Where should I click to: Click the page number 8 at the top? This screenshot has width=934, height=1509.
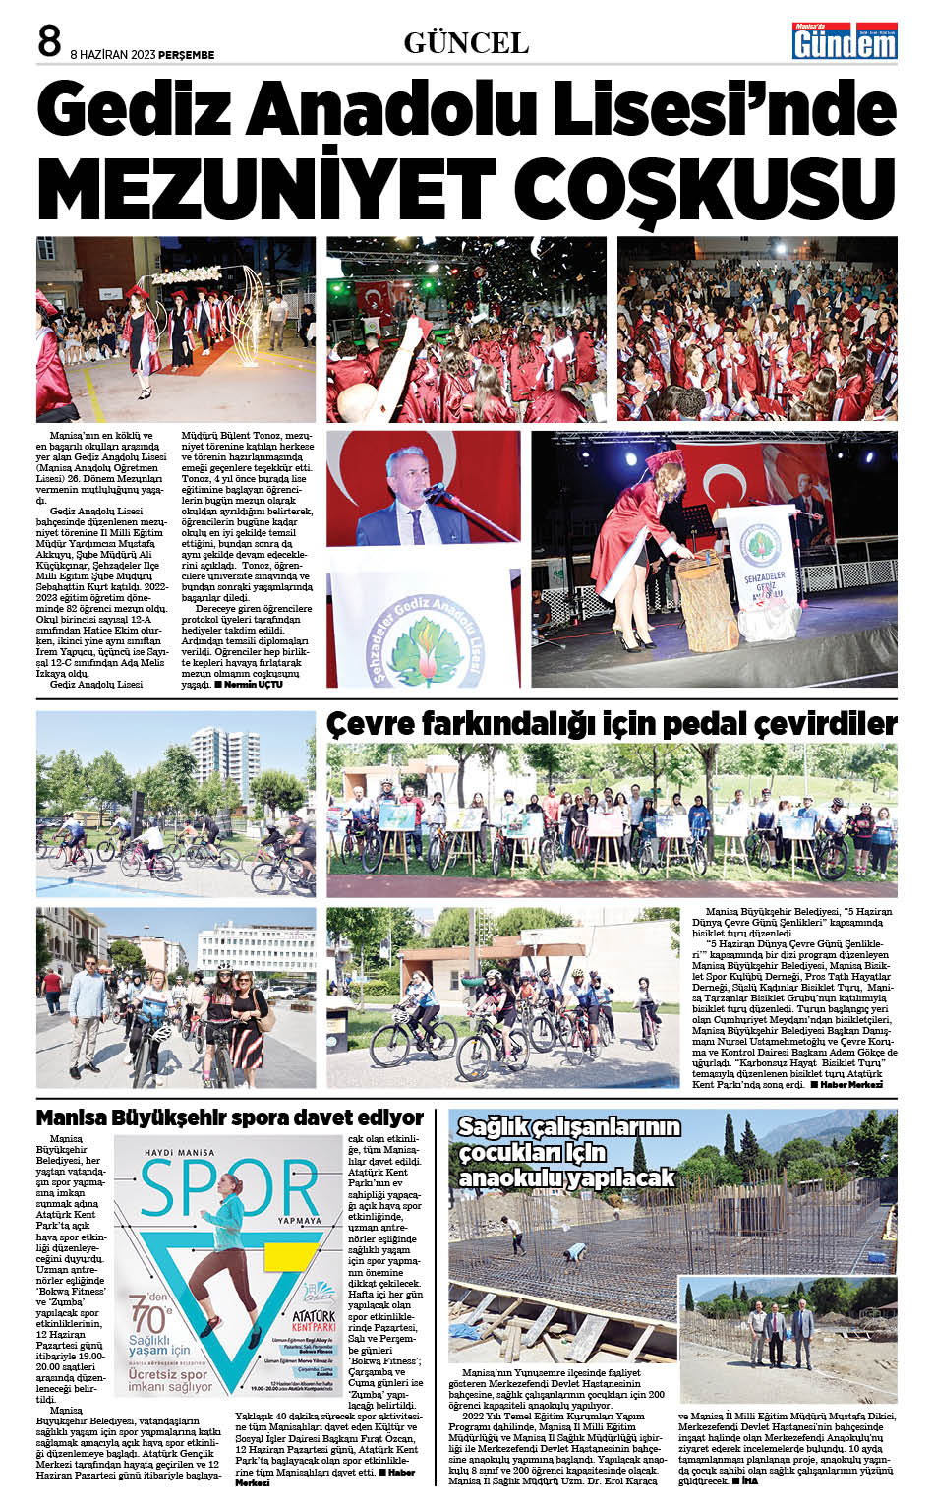pos(49,41)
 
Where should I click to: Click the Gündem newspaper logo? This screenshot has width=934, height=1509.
pos(845,41)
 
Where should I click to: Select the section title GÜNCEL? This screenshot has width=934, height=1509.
pos(466,43)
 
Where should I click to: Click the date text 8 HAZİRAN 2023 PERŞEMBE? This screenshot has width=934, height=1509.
pos(143,55)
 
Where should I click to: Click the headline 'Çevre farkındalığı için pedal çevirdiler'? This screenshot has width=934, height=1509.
pos(612,724)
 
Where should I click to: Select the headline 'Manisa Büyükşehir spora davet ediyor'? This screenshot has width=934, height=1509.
pos(230,1117)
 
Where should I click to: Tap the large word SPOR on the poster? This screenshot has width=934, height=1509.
pos(230,1187)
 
